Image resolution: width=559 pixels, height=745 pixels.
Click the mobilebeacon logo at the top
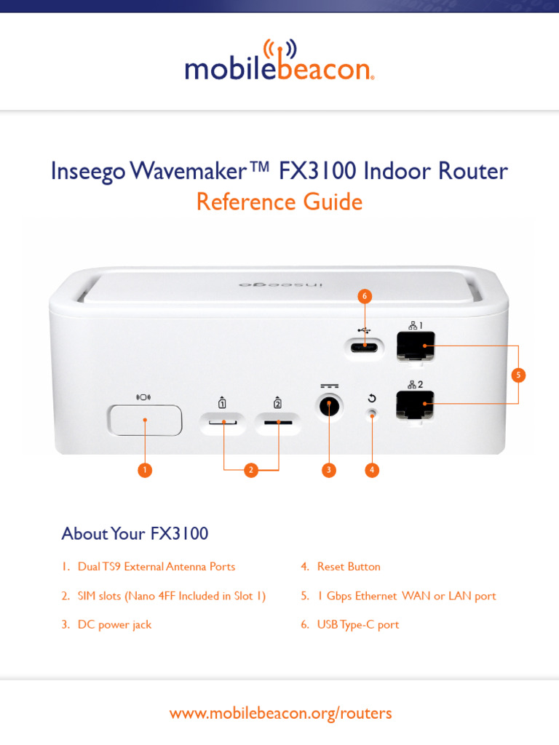pyautogui.click(x=279, y=62)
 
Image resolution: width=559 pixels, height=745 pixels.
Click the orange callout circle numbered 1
pyautogui.click(x=146, y=470)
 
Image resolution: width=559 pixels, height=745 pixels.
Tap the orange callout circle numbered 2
pyautogui.click(x=251, y=470)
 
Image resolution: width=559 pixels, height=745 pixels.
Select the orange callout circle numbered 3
pyautogui.click(x=329, y=470)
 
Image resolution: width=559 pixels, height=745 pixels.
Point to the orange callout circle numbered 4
pyautogui.click(x=372, y=470)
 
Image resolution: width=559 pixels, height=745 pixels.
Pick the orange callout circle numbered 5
pyautogui.click(x=518, y=375)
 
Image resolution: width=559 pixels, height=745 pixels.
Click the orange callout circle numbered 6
pyautogui.click(x=365, y=296)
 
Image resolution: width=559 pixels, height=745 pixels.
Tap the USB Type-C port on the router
pyautogui.click(x=364, y=347)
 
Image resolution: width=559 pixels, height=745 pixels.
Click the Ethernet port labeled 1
pyautogui.click(x=415, y=346)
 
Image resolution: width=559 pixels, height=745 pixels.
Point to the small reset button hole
pyautogui.click(x=372, y=414)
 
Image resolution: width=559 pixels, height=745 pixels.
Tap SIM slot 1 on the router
pyautogui.click(x=223, y=422)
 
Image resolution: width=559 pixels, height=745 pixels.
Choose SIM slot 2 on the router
pyautogui.click(x=278, y=422)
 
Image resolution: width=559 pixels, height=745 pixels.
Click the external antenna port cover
pyautogui.click(x=145, y=420)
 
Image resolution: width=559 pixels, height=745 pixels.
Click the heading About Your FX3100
pyautogui.click(x=135, y=533)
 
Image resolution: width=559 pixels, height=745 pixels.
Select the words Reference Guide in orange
pyautogui.click(x=279, y=202)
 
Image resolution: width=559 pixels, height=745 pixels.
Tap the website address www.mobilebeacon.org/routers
pyautogui.click(x=280, y=713)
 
